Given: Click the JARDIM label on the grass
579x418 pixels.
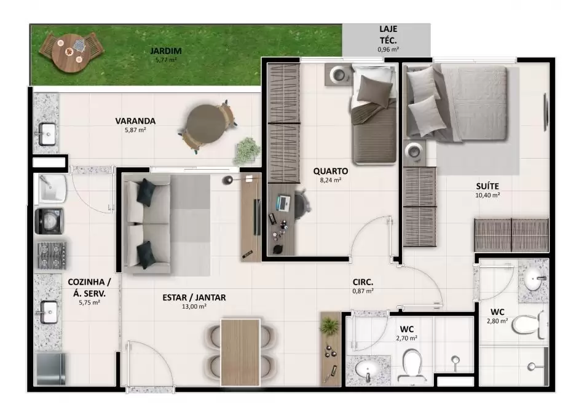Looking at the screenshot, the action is click(x=166, y=51).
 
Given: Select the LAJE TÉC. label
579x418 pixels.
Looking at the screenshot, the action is click(x=388, y=34).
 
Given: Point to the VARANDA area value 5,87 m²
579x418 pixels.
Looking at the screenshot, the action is click(x=135, y=130).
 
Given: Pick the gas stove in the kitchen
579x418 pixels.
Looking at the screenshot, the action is click(x=52, y=255).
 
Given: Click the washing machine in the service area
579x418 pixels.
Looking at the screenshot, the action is click(x=49, y=221).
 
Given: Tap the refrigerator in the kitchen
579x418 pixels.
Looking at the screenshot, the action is click(x=50, y=369).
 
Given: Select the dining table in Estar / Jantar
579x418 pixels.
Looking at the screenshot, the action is click(x=240, y=352).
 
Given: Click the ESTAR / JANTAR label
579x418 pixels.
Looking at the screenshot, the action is click(x=194, y=298).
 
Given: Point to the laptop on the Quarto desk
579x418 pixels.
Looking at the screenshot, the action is click(x=284, y=203).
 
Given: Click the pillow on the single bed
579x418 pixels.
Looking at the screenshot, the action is click(x=374, y=89).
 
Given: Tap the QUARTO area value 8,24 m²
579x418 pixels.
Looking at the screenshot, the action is click(x=331, y=181).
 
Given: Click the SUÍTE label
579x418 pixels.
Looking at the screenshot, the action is click(x=487, y=186).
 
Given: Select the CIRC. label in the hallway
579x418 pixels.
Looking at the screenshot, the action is click(x=363, y=283).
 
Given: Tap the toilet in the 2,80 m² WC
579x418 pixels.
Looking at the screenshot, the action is click(x=529, y=324).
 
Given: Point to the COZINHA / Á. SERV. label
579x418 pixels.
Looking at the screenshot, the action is click(x=89, y=288).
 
